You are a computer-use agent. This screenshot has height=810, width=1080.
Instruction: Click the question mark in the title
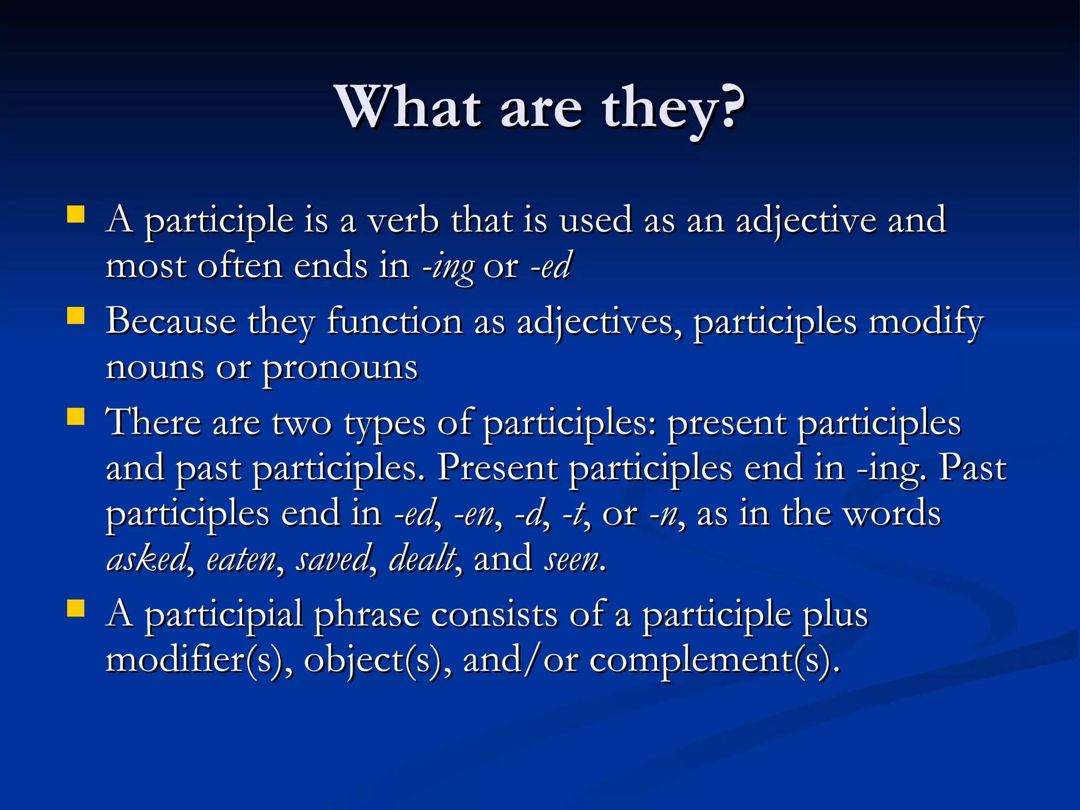click(x=730, y=108)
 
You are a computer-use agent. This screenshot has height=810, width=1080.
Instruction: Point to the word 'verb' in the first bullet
click(x=403, y=220)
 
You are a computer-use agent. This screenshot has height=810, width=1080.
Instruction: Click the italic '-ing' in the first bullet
click(x=448, y=267)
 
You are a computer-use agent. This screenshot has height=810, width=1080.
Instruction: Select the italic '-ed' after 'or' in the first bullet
click(x=551, y=266)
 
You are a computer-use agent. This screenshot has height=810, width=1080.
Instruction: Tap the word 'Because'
click(x=170, y=322)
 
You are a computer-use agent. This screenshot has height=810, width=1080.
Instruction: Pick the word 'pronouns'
click(x=340, y=368)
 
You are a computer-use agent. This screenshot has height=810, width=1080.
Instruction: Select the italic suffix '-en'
click(x=474, y=515)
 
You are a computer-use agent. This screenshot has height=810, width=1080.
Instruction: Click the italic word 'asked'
click(x=147, y=559)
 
